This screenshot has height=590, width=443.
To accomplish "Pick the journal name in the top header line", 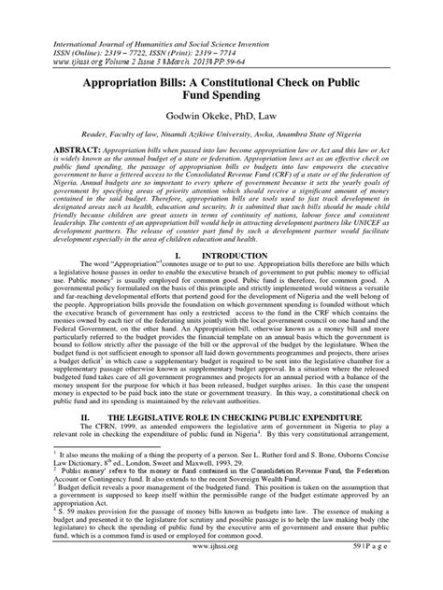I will [x=156, y=16].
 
